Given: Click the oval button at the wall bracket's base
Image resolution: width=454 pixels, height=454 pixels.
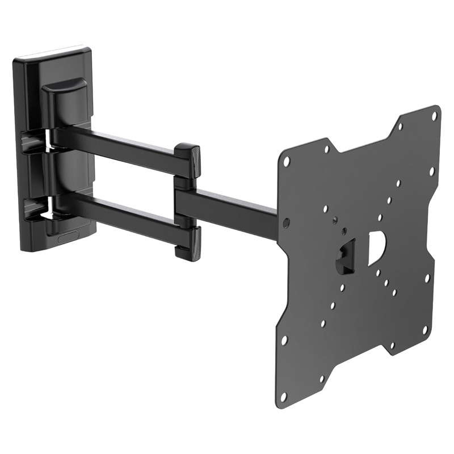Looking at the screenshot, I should coord(69,237).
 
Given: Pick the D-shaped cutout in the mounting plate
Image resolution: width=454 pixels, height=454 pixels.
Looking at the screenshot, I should coord(376,249).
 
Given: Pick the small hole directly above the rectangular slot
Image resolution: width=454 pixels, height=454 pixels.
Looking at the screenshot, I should coord(343,231).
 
